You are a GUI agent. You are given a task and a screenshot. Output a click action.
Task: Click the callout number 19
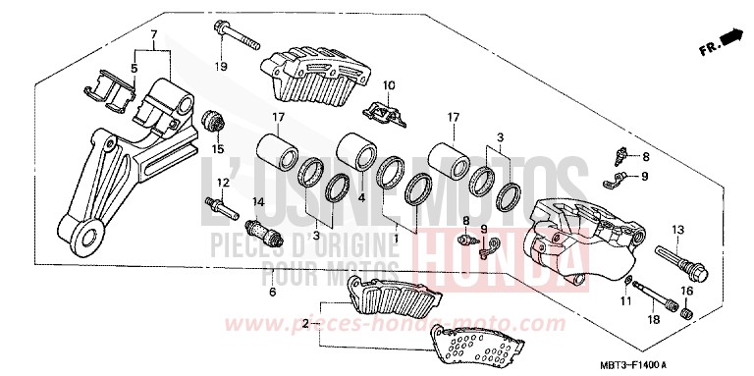(221, 66)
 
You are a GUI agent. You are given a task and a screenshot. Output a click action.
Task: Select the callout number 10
(388, 85)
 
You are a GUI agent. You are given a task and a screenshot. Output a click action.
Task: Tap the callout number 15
(218, 148)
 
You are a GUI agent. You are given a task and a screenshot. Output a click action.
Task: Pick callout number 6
(272, 292)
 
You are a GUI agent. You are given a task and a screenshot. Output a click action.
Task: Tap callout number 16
(688, 292)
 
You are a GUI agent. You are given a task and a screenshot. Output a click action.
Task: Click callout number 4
(361, 197)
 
